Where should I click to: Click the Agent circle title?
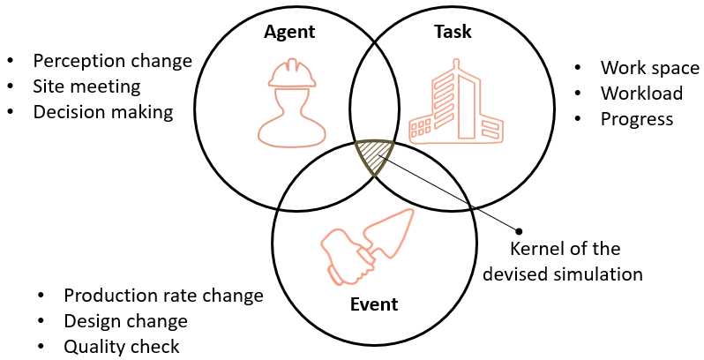[x=289, y=33]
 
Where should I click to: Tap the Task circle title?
[x=453, y=33]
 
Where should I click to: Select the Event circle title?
[x=373, y=305]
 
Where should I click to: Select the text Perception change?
[x=112, y=61]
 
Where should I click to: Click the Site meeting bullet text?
[x=86, y=86]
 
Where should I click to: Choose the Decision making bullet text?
[x=103, y=112]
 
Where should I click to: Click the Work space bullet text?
[x=649, y=68]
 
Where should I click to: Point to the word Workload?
[x=641, y=93]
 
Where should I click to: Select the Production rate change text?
[x=163, y=296]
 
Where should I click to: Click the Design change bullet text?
[x=125, y=321]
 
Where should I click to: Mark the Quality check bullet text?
[x=122, y=347]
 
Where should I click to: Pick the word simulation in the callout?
[x=599, y=274]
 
